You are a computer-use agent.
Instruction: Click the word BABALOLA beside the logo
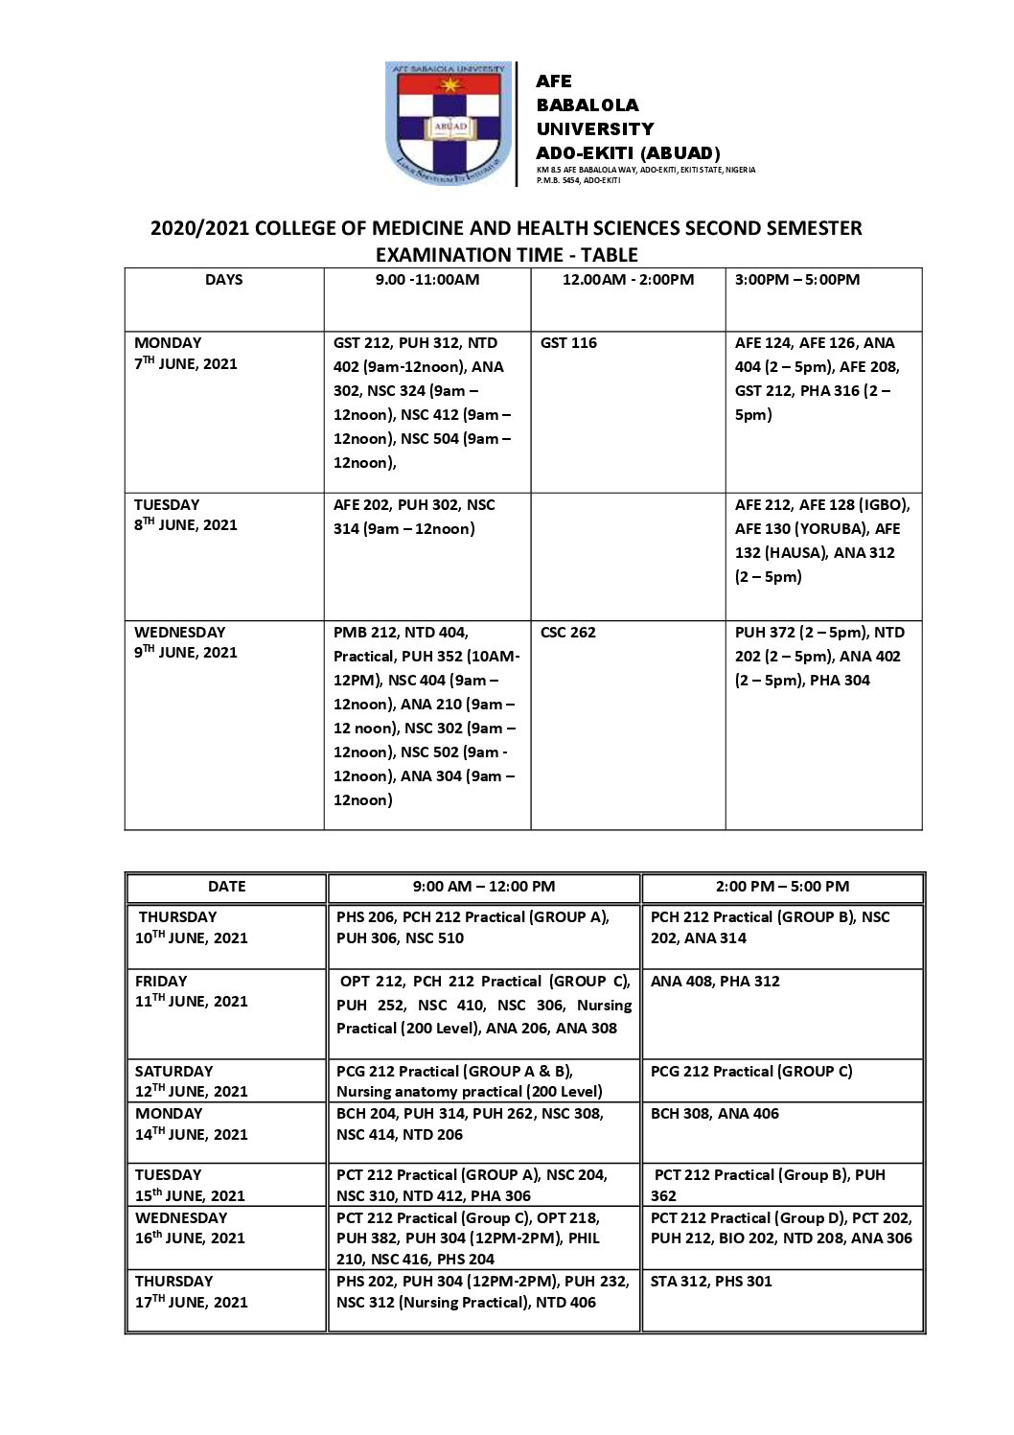coord(587,104)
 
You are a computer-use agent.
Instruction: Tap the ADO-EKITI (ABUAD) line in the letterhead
coord(628,153)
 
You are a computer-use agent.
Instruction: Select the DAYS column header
coord(223,280)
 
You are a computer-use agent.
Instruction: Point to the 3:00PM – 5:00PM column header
coord(797,280)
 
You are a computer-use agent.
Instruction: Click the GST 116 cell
coord(568,343)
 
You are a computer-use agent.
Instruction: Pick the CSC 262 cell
coord(568,633)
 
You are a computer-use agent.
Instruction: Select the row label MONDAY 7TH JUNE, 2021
coord(185,353)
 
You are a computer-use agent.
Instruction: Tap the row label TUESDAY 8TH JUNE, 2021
coord(185,515)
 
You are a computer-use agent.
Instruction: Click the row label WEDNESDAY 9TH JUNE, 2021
coord(185,642)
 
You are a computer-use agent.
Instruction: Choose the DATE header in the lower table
coord(227,887)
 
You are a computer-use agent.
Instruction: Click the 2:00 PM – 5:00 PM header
coord(782,887)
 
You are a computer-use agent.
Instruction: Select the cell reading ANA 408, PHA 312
coord(715,982)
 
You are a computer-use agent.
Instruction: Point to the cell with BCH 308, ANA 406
coord(714,1114)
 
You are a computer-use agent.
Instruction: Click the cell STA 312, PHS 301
coord(710,1282)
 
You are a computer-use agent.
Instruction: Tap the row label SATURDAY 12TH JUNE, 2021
coord(191,1081)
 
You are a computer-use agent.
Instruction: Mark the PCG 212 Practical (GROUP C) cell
coord(751,1072)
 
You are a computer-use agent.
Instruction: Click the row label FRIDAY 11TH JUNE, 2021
coord(191,991)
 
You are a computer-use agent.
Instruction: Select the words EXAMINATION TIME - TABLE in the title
coord(506,255)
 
